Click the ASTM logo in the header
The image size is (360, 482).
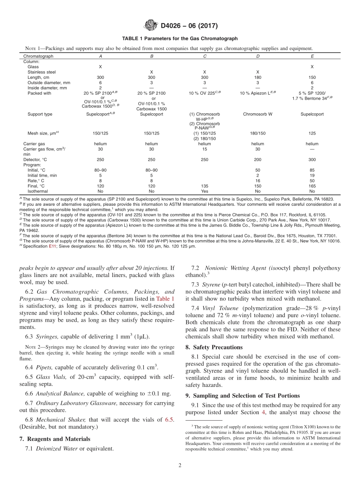tap(151, 26)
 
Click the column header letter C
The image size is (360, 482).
tap(205, 56)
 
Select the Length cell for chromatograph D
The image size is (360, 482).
tap(258, 77)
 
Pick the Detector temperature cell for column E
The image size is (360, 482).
tap(312, 160)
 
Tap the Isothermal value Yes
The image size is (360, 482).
tap(205, 191)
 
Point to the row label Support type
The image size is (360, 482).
tap(40, 114)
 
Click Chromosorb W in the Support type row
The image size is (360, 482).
tap(258, 114)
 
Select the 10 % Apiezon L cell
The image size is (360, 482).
tap(258, 93)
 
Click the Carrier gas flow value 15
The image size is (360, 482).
tap(205, 149)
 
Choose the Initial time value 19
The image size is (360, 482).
tap(312, 175)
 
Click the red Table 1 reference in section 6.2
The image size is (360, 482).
tap(166, 299)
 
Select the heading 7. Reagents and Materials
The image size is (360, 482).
tap(55, 439)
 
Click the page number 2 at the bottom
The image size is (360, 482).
tap(180, 466)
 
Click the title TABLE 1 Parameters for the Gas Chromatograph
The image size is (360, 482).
tap(180, 39)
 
